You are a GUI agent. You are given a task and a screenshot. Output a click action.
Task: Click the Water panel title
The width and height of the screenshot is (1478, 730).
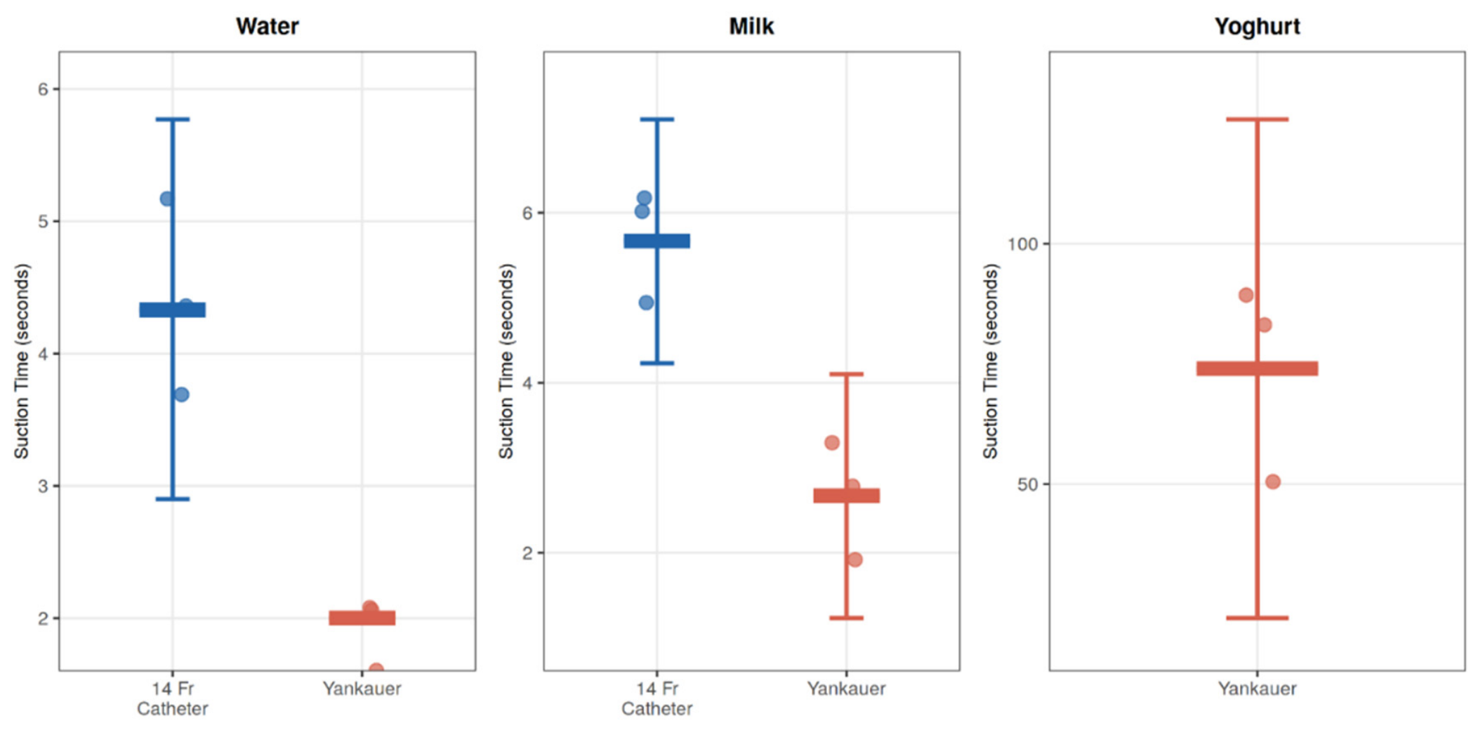pyautogui.click(x=267, y=26)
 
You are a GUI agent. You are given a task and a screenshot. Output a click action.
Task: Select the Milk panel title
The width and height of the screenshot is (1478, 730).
pyautogui.click(x=751, y=26)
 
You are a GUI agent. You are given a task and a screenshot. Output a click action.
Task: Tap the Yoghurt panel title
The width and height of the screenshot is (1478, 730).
pyautogui.click(x=1257, y=27)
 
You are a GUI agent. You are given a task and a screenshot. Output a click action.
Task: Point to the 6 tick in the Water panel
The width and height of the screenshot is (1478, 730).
pyautogui.click(x=44, y=89)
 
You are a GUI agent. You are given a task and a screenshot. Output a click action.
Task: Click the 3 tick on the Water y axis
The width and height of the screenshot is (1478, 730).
pyautogui.click(x=44, y=486)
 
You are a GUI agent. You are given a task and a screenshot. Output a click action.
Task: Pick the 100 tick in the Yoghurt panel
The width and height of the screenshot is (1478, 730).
pyautogui.click(x=1022, y=244)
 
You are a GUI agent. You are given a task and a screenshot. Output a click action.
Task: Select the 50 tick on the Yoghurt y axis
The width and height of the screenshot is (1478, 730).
pyautogui.click(x=1028, y=484)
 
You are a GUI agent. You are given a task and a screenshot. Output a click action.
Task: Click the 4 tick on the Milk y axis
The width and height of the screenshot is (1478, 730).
pyautogui.click(x=528, y=383)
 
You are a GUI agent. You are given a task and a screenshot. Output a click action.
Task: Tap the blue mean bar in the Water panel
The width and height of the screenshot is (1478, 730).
pyautogui.click(x=173, y=310)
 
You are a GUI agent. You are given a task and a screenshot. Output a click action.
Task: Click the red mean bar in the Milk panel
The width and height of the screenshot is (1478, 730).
pyautogui.click(x=847, y=496)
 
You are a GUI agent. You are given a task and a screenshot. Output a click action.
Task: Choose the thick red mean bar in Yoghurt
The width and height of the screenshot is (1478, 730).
pyautogui.click(x=1258, y=369)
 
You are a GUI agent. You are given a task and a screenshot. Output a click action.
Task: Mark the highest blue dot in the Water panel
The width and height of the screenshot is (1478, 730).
pyautogui.click(x=167, y=199)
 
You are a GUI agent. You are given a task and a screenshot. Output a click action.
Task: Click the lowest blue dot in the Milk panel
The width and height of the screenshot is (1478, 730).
pyautogui.click(x=646, y=303)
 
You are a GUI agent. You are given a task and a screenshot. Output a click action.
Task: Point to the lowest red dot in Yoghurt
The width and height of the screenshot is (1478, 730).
pyautogui.click(x=1273, y=482)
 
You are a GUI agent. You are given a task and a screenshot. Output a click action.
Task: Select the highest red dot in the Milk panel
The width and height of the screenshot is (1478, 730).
pyautogui.click(x=832, y=442)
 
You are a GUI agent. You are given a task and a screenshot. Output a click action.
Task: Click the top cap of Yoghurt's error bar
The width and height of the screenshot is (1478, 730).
pyautogui.click(x=1258, y=119)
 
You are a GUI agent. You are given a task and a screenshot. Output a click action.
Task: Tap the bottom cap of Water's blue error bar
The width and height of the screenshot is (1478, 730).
pyautogui.click(x=173, y=499)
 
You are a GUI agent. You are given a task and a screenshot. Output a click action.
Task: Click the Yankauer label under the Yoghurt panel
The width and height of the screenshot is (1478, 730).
pyautogui.click(x=1257, y=689)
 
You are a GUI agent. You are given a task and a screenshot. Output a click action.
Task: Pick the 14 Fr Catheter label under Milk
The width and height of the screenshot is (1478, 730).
pyautogui.click(x=657, y=698)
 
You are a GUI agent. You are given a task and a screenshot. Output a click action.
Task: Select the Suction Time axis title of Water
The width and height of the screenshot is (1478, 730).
pyautogui.click(x=22, y=361)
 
